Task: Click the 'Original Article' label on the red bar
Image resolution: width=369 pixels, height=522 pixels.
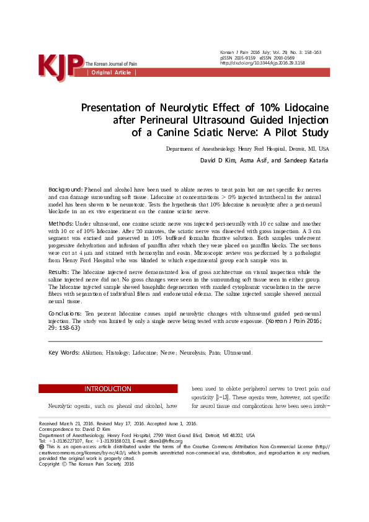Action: tap(112, 73)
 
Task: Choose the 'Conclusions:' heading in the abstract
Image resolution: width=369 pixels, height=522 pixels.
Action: tap(64, 314)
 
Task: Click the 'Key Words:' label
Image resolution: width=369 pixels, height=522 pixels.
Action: tap(64, 352)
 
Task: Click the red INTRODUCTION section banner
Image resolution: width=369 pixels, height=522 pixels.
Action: tap(108, 389)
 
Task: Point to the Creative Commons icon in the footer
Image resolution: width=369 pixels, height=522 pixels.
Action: tap(42, 446)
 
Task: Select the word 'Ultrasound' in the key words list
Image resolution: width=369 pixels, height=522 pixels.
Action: tap(238, 353)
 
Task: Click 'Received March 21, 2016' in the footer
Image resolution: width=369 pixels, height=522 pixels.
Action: tap(65, 424)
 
